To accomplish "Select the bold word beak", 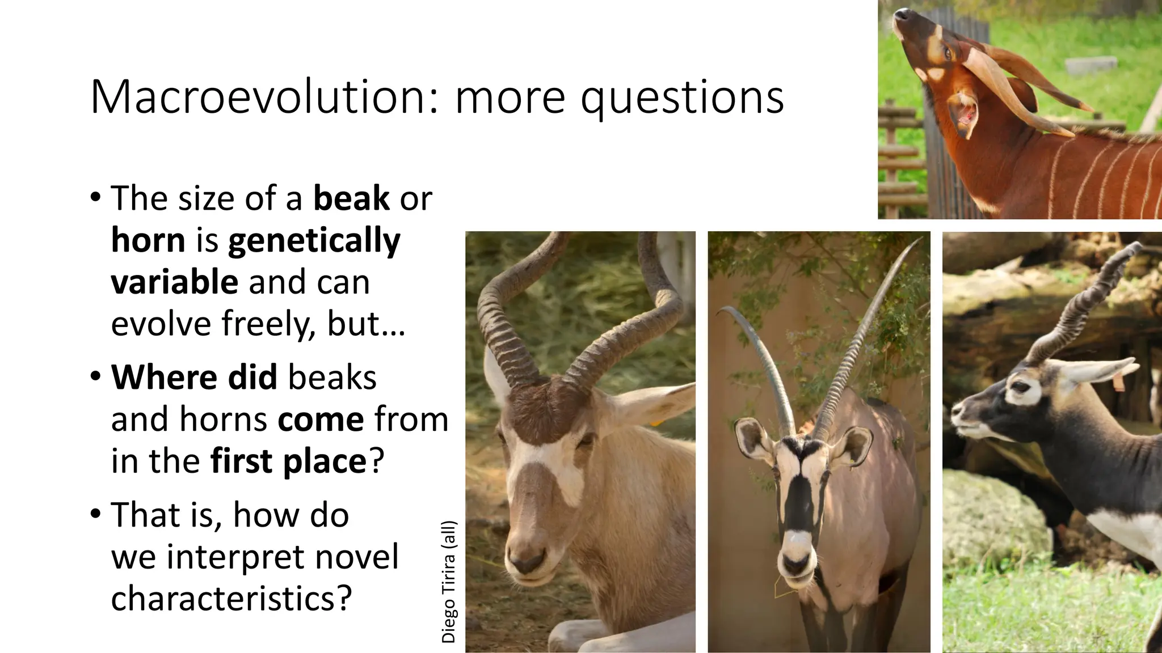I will (x=351, y=198).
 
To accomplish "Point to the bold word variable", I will (x=174, y=282).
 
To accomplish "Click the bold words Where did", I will (x=193, y=377).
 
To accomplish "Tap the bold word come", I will (x=321, y=419).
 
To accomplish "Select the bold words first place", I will (x=288, y=461).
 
